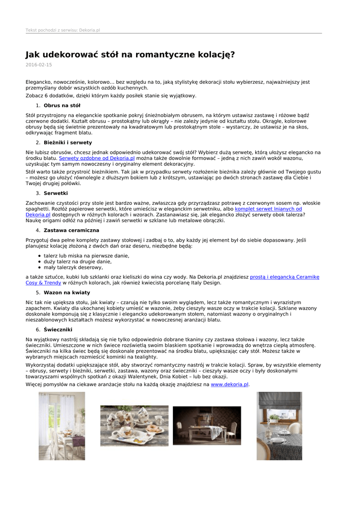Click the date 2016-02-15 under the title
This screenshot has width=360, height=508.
point(39,64)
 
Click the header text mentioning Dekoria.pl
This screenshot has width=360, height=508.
point(63,30)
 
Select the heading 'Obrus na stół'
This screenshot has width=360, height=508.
point(62,106)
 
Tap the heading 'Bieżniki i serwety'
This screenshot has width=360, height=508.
point(68,143)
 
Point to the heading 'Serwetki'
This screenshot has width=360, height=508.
point(56,193)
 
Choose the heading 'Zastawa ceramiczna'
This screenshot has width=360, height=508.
point(72,231)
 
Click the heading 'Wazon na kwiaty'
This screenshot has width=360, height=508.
point(67,293)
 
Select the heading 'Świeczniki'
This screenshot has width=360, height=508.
point(58,330)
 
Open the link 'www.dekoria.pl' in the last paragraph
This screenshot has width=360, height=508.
point(230,384)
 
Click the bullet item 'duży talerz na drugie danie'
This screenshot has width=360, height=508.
point(78,261)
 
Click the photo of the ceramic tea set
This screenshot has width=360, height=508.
point(134,426)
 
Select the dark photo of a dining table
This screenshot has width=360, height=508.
point(207,426)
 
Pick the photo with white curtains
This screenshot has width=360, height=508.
point(62,426)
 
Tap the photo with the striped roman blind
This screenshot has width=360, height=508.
point(279,426)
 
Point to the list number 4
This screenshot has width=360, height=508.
point(38,231)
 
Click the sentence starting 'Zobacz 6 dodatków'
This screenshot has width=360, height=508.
point(111,96)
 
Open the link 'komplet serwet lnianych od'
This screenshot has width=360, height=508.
point(268,209)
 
